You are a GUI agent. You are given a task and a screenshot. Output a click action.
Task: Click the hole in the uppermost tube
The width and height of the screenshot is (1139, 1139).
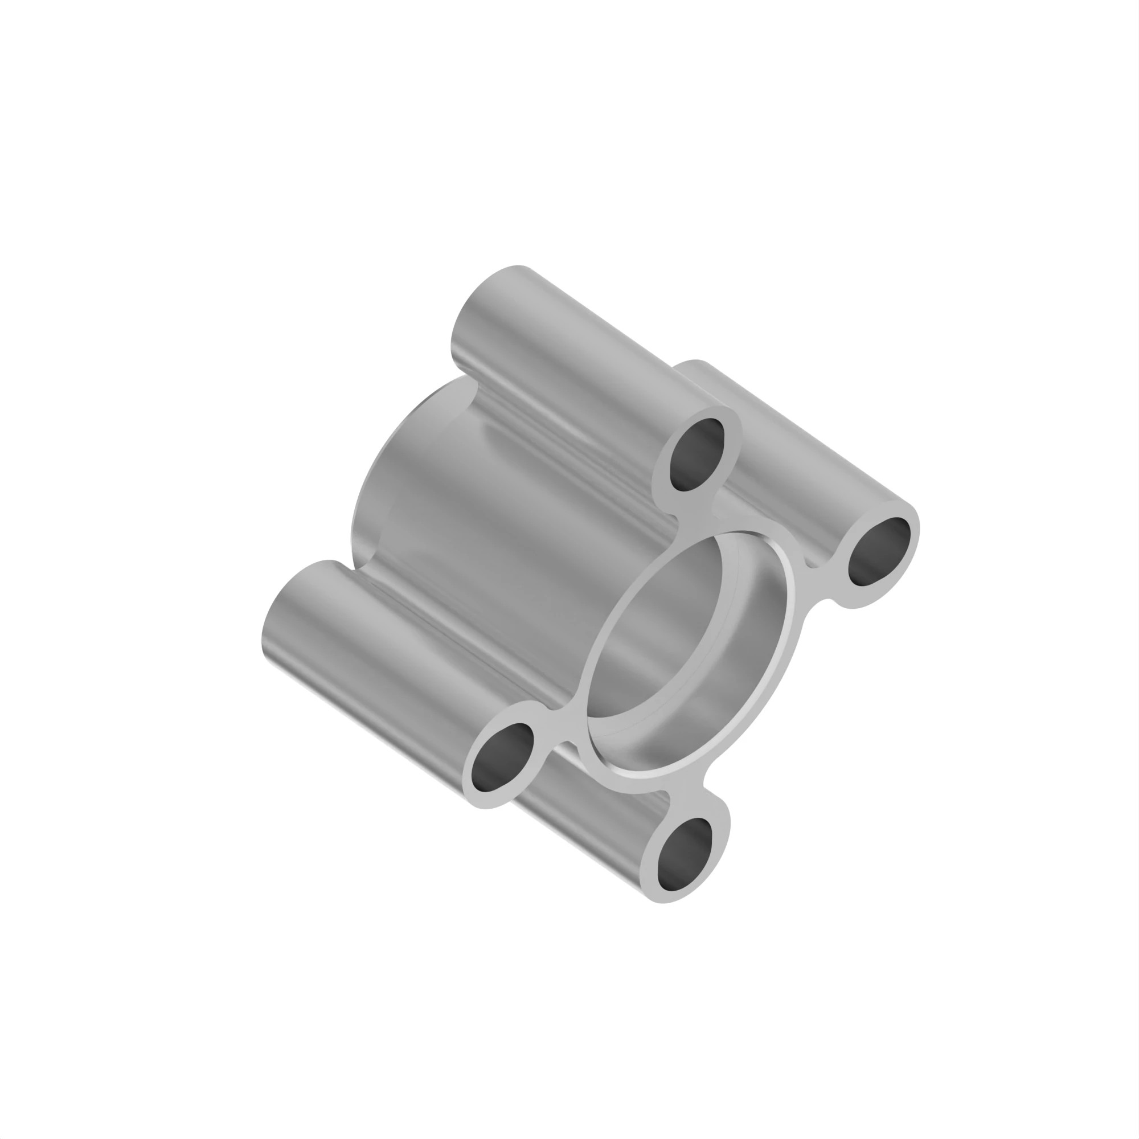(x=697, y=454)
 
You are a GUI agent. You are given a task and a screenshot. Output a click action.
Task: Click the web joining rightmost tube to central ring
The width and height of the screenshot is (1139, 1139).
(x=817, y=584)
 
